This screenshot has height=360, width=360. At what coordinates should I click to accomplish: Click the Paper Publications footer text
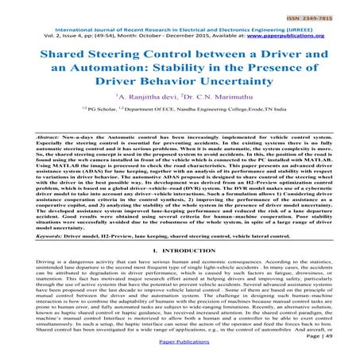pos(180,354)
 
